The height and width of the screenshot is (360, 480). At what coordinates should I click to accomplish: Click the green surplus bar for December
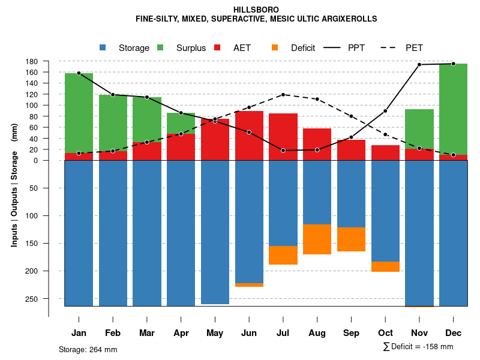pyautogui.click(x=453, y=108)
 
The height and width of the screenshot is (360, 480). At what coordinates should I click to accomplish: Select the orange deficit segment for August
pyautogui.click(x=317, y=239)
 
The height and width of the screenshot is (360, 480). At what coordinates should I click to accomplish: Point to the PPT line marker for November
pyautogui.click(x=419, y=65)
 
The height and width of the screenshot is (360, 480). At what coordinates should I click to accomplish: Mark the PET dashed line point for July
pyautogui.click(x=283, y=95)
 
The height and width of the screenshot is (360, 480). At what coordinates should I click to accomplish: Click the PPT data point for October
pyautogui.click(x=385, y=111)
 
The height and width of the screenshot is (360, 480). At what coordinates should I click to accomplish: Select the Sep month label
pyautogui.click(x=351, y=333)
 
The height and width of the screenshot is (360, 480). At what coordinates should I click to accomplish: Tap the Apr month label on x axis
pyautogui.click(x=181, y=333)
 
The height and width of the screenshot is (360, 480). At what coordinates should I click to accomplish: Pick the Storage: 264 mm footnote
pyautogui.click(x=88, y=349)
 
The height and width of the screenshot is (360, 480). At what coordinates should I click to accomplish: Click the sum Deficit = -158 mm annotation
pyautogui.click(x=418, y=347)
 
